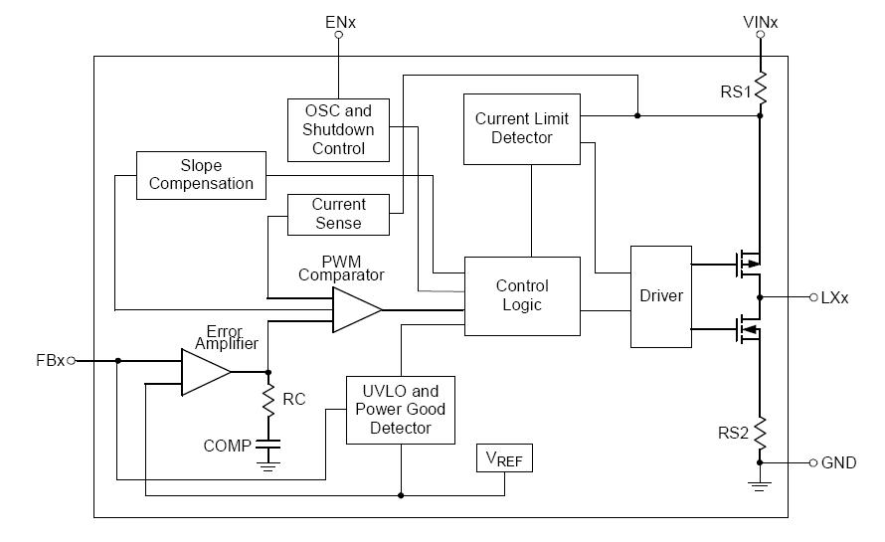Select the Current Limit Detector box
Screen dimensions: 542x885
[x=522, y=128]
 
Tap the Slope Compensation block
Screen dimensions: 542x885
[x=201, y=175]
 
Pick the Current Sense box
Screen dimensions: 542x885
[x=338, y=214]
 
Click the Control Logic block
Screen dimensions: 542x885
[x=522, y=295]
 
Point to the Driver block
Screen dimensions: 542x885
[x=661, y=296]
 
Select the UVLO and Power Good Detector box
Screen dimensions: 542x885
[x=400, y=410]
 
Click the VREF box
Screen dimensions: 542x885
[x=504, y=459]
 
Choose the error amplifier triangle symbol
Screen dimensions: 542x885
[x=205, y=372]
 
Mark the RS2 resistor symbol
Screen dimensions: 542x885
[x=761, y=434]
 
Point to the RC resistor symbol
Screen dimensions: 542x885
[x=267, y=400]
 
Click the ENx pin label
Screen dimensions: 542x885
[x=339, y=21]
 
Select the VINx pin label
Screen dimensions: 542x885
[x=761, y=21]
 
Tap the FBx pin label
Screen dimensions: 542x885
[x=49, y=361]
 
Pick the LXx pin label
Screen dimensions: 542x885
[x=835, y=297]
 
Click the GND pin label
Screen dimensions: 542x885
[x=838, y=462]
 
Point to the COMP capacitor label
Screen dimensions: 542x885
[x=227, y=447]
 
